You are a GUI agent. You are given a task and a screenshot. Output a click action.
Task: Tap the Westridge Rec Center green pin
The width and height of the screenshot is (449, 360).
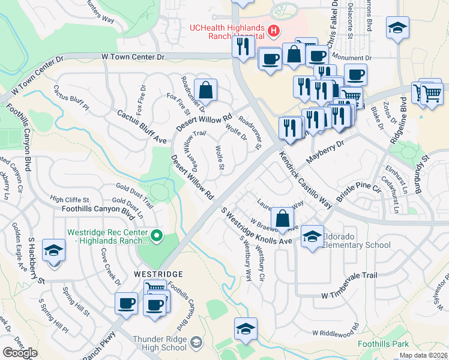[157, 235]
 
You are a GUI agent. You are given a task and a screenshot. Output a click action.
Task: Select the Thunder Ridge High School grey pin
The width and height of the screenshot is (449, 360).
[195, 343]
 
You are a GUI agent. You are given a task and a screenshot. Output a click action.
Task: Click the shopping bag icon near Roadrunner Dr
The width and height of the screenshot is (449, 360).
[205, 91]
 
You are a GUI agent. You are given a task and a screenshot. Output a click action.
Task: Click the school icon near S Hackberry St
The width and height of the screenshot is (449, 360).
[54, 250]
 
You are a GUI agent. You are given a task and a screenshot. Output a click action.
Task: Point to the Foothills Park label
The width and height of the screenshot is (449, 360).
[383, 344]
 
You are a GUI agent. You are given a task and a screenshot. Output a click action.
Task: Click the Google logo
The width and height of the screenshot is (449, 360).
[20, 353]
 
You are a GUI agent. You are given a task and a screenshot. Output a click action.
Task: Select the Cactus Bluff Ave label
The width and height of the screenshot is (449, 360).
[141, 127]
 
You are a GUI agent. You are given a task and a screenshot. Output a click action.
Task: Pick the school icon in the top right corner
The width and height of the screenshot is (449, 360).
[397, 29]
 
